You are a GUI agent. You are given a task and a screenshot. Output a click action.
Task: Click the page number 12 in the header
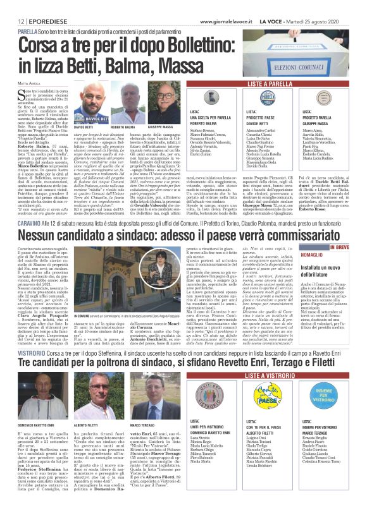pyautogui.click(x=12, y=4)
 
